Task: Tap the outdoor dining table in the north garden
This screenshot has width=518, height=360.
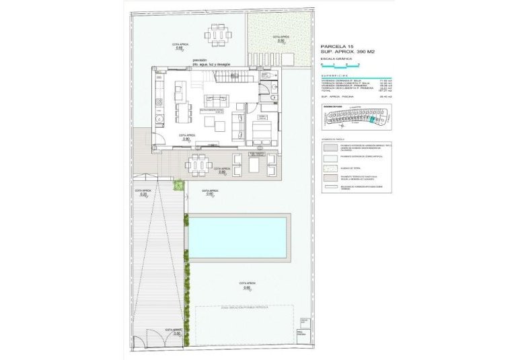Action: pyautogui.click(x=217, y=34)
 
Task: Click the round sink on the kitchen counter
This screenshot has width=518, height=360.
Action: pyautogui.click(x=159, y=102)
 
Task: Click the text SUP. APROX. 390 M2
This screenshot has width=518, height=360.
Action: pyautogui.click(x=347, y=52)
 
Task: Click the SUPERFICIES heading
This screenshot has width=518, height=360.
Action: pyautogui.click(x=336, y=75)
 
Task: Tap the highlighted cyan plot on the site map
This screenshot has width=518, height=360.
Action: pyautogui.click(x=374, y=120)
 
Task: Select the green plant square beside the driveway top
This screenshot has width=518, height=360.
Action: pyautogui.click(x=178, y=184)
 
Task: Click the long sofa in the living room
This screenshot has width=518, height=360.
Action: pyautogui.click(x=237, y=125)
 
